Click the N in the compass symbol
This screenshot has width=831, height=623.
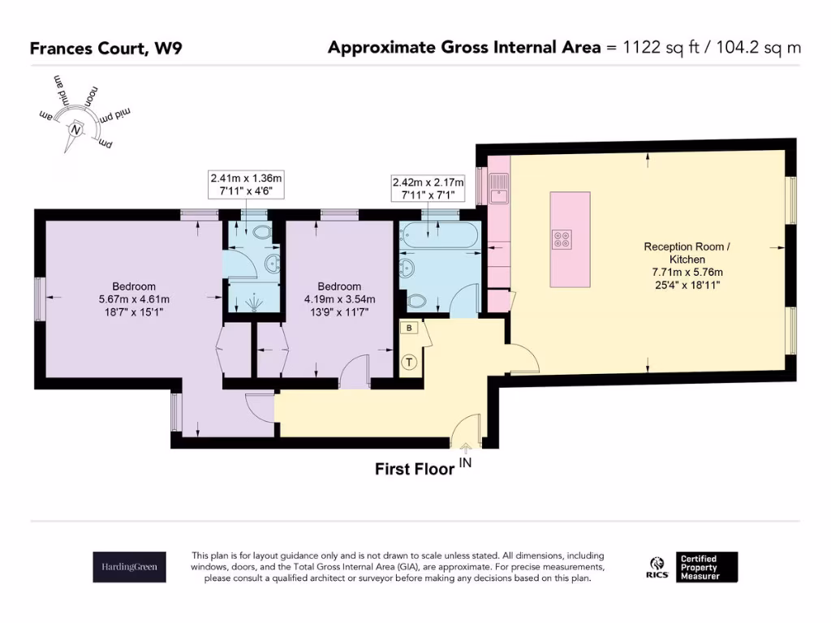(x=75, y=130)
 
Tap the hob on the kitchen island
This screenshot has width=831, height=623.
(x=562, y=239)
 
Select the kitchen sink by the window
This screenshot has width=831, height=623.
(x=498, y=188)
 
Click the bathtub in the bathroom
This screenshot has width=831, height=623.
(x=438, y=234)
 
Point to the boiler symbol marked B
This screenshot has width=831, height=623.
(x=409, y=328)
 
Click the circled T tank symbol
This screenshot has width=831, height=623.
(x=409, y=363)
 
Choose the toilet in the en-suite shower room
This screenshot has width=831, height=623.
(x=262, y=233)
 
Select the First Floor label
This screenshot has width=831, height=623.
(x=415, y=469)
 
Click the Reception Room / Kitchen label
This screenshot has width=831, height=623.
(x=687, y=253)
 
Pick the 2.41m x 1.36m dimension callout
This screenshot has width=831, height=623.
(x=246, y=184)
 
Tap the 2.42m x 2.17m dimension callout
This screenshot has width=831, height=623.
(x=428, y=188)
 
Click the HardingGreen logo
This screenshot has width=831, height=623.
(x=129, y=567)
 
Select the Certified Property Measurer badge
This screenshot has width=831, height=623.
(x=707, y=567)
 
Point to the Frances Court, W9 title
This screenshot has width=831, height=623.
(x=106, y=48)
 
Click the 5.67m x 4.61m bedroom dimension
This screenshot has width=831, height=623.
(x=134, y=299)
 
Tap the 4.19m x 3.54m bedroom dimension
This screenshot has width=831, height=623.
(x=340, y=299)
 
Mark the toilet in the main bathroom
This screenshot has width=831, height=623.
(x=417, y=301)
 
